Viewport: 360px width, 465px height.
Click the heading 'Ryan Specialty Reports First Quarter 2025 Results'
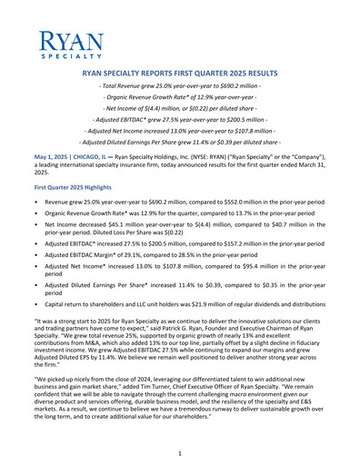click(x=179, y=70)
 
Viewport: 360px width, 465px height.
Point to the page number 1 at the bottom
click(x=180, y=452)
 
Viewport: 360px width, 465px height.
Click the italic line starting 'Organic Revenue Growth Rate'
click(x=179, y=95)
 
